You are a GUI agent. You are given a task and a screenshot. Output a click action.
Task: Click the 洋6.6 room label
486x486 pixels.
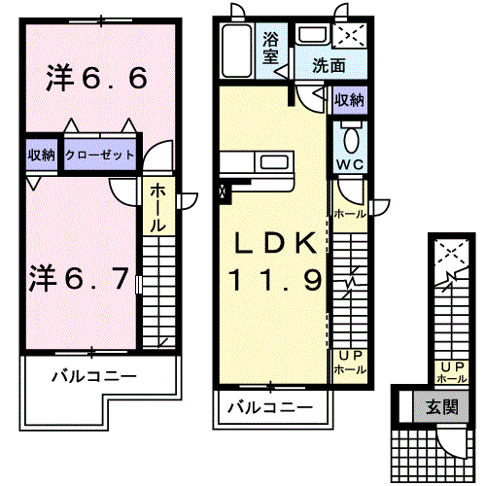97,79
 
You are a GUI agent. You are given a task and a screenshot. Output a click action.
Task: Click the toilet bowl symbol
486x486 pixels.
350,134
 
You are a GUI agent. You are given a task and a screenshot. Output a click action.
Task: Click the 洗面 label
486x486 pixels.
330,66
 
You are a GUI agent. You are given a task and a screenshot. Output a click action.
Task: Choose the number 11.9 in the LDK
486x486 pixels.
274,281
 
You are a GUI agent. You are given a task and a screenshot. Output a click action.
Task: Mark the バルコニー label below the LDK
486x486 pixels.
269,408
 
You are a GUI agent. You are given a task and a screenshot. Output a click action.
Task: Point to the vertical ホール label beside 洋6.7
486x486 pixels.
156,207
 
